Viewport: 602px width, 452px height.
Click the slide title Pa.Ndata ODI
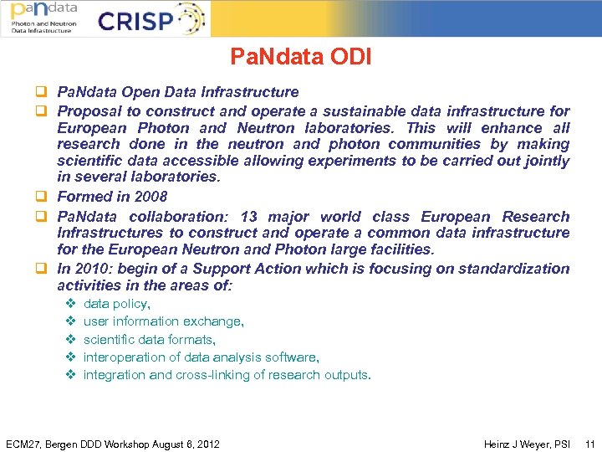tap(301, 57)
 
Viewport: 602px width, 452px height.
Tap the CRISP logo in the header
tap(150, 19)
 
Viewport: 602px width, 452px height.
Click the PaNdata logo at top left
tap(43, 18)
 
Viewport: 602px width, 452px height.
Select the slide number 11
tap(589, 444)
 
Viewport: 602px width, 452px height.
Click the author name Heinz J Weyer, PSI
tap(527, 444)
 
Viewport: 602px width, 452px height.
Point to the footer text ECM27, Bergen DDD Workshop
tap(112, 444)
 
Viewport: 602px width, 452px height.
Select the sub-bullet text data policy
tap(116, 304)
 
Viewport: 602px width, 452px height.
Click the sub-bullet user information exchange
tap(163, 321)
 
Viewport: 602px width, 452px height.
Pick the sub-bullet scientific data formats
tap(149, 340)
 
